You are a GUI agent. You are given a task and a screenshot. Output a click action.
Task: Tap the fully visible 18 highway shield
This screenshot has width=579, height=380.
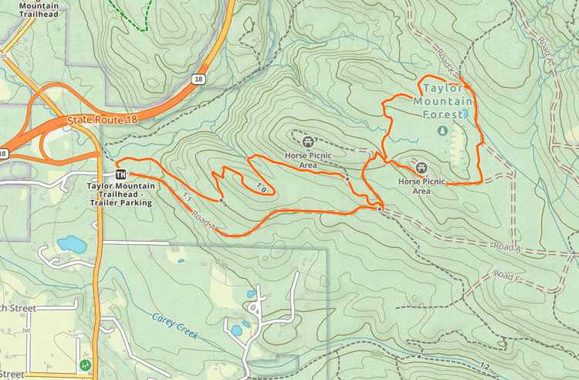click(x=199, y=79)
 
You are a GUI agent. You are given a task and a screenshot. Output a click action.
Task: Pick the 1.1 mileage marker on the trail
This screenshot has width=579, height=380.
click(x=185, y=198)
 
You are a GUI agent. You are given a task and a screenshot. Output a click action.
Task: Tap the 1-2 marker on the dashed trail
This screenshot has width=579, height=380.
click(x=485, y=365)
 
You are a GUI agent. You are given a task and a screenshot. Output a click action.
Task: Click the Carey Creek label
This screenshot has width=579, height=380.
click(x=175, y=326)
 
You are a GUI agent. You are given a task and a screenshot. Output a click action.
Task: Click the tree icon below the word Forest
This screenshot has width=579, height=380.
click(x=442, y=131)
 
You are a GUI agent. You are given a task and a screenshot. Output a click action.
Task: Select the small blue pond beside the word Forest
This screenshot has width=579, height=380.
click(x=464, y=114)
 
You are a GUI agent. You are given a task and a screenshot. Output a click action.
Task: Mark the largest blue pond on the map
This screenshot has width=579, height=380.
click(x=72, y=245)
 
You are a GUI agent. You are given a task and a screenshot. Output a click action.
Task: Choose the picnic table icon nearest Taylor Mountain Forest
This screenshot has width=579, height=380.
click(x=422, y=168)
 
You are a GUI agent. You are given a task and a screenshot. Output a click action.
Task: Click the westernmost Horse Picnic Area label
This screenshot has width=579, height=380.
click(x=308, y=159)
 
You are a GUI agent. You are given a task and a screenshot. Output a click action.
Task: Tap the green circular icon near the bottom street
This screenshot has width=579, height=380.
click(x=84, y=364)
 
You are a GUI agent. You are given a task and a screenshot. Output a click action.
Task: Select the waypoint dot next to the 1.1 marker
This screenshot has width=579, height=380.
click(x=222, y=201)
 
